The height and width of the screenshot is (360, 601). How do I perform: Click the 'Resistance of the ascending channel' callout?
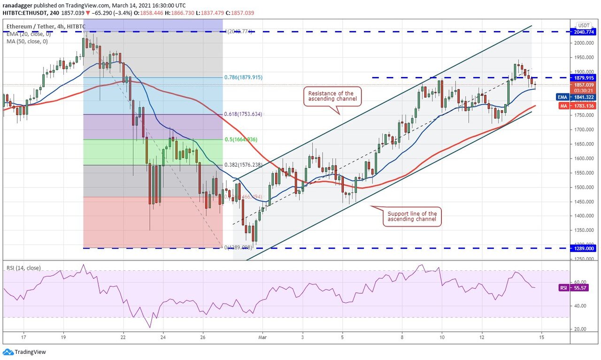(331, 96)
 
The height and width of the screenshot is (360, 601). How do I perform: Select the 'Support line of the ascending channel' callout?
(412, 216)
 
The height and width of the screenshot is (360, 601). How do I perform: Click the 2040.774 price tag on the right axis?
(584, 32)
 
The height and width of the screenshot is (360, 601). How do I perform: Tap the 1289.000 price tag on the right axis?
(584, 248)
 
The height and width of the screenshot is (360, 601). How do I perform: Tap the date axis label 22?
(123, 337)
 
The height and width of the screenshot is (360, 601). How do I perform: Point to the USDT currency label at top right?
(584, 25)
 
